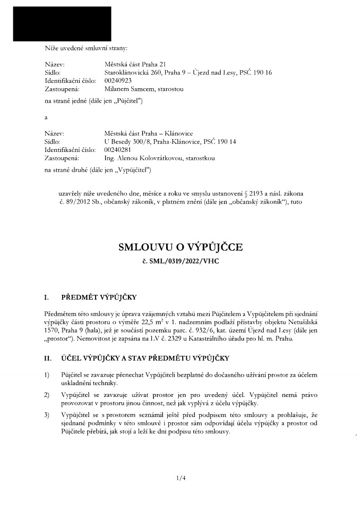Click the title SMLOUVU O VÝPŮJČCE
coord(180,247)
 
